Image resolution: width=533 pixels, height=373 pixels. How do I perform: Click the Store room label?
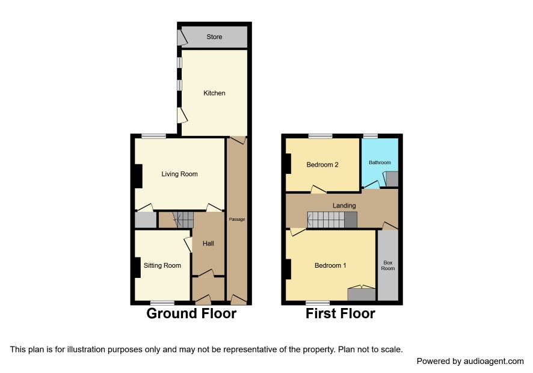pos(214,37)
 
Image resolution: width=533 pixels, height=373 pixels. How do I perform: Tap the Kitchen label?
pos(214,93)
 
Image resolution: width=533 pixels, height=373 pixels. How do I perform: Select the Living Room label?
pos(179,174)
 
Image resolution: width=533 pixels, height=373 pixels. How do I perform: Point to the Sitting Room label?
pos(162,265)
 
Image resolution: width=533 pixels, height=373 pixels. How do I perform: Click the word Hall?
pos(208,244)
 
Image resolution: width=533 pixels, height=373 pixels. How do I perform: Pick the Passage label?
pos(237,220)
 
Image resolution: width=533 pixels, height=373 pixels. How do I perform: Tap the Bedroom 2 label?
pos(322,165)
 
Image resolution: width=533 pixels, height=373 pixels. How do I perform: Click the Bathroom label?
pos(380,162)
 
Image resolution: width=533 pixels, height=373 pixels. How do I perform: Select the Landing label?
pos(344,206)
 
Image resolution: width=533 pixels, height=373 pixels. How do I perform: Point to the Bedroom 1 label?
pos(330,265)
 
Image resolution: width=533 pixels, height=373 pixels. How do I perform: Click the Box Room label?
pos(388,265)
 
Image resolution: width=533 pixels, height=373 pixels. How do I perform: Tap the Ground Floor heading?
pos(191,313)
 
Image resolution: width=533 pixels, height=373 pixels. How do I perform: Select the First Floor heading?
pos(340,313)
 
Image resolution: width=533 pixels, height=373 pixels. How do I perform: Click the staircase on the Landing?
pos(332,220)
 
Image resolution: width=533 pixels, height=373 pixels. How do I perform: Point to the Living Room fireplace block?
pos(138,176)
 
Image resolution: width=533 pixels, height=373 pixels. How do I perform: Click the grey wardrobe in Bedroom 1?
pos(362,294)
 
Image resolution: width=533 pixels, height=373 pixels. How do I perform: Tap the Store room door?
pos(182,38)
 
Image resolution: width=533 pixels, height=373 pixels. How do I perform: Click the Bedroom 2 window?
pos(320,136)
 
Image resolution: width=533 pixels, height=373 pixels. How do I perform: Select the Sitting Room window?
pos(162,302)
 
